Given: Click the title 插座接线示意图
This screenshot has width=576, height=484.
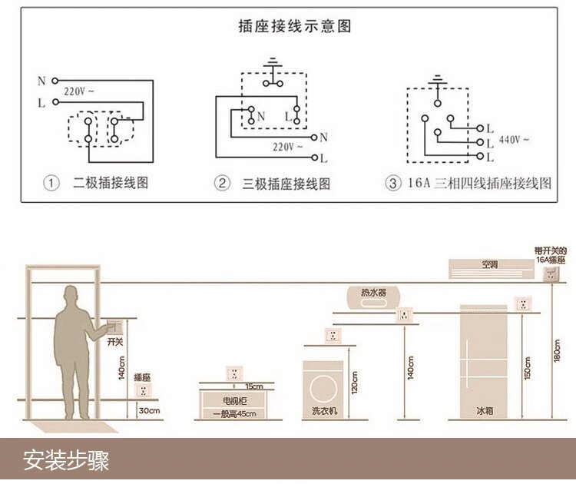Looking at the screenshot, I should [296, 26].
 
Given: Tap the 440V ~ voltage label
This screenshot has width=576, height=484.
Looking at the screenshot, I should [515, 141].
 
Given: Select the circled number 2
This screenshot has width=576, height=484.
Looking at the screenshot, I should [222, 184].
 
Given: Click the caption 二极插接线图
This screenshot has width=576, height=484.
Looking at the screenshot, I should [110, 184].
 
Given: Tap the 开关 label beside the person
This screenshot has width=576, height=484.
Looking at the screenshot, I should [115, 341].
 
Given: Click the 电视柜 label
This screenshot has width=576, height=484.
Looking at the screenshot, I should [235, 401].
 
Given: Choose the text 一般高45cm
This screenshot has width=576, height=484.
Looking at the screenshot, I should [234, 414].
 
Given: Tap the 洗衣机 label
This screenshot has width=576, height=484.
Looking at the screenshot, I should [323, 411].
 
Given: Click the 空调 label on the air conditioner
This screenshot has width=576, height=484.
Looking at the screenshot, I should [489, 265].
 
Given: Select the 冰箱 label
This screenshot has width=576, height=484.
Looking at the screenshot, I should [484, 411].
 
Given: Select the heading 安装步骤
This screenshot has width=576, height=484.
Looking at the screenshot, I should [66, 460].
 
